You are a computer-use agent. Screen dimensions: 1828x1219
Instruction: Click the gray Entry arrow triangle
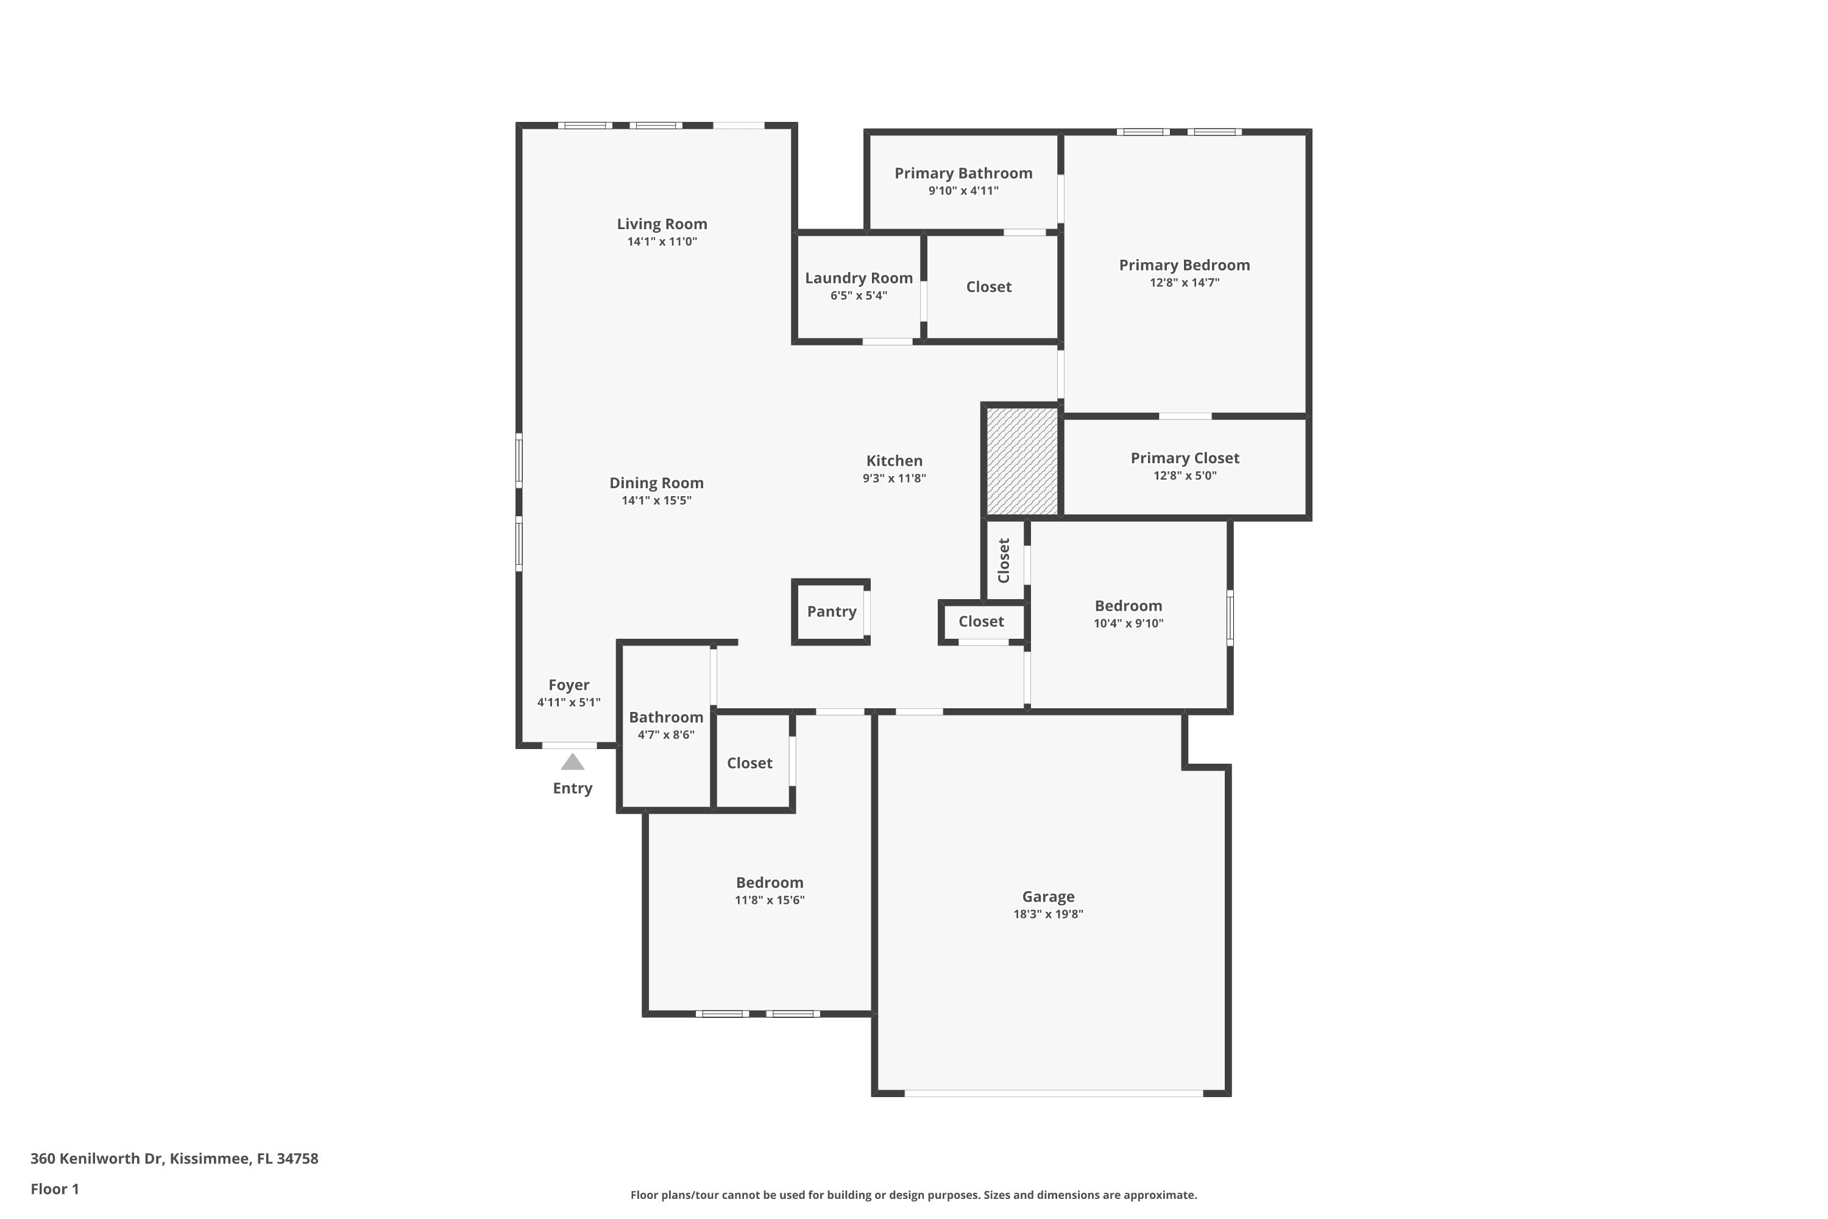(x=572, y=762)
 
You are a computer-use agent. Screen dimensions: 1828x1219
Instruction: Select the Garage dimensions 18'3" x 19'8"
(x=1047, y=914)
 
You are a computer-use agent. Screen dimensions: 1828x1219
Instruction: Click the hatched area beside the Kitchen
(x=1021, y=461)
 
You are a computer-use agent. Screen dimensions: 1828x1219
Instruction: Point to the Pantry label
(x=831, y=611)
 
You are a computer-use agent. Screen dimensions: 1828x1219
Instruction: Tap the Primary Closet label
(x=1185, y=458)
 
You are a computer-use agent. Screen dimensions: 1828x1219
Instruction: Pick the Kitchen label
(x=894, y=460)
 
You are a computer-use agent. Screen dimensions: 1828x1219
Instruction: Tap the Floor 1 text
(x=54, y=1189)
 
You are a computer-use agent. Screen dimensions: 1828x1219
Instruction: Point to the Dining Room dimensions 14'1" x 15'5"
(x=656, y=500)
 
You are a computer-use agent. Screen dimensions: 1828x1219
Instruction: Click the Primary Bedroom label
(x=1184, y=265)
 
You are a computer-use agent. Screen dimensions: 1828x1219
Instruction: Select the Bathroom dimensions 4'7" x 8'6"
(x=665, y=734)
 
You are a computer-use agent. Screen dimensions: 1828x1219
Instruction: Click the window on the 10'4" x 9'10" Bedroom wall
(x=1230, y=618)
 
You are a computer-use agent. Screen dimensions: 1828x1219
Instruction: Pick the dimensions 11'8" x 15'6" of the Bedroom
(x=770, y=900)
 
